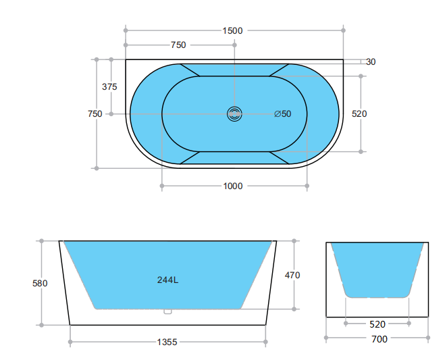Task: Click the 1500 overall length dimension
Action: (x=232, y=30)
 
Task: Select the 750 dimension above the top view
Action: (x=178, y=45)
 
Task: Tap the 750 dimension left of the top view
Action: (x=95, y=114)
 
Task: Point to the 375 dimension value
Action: (x=109, y=87)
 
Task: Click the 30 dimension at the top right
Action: (x=371, y=61)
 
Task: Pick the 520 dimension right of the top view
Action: (x=359, y=114)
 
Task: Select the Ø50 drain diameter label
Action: (x=283, y=114)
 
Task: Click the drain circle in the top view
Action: (x=234, y=114)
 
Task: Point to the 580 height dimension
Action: (x=41, y=284)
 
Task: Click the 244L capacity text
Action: (x=167, y=280)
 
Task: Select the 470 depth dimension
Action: (x=292, y=276)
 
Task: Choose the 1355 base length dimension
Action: (x=167, y=342)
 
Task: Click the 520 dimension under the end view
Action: (x=378, y=324)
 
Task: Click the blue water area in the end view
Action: (x=377, y=267)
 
